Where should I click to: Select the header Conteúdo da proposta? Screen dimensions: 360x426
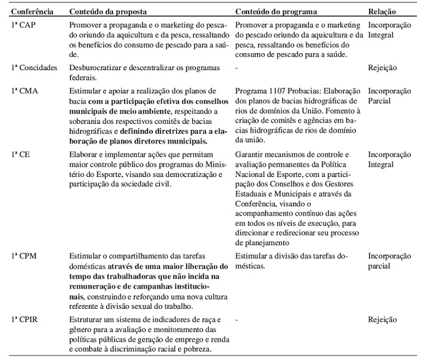tap(107, 12)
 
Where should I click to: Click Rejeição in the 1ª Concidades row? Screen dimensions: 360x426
tap(383, 67)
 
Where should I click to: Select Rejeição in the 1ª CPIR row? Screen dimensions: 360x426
tap(383, 319)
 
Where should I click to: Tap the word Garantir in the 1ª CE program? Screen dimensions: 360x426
tap(251, 155)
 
